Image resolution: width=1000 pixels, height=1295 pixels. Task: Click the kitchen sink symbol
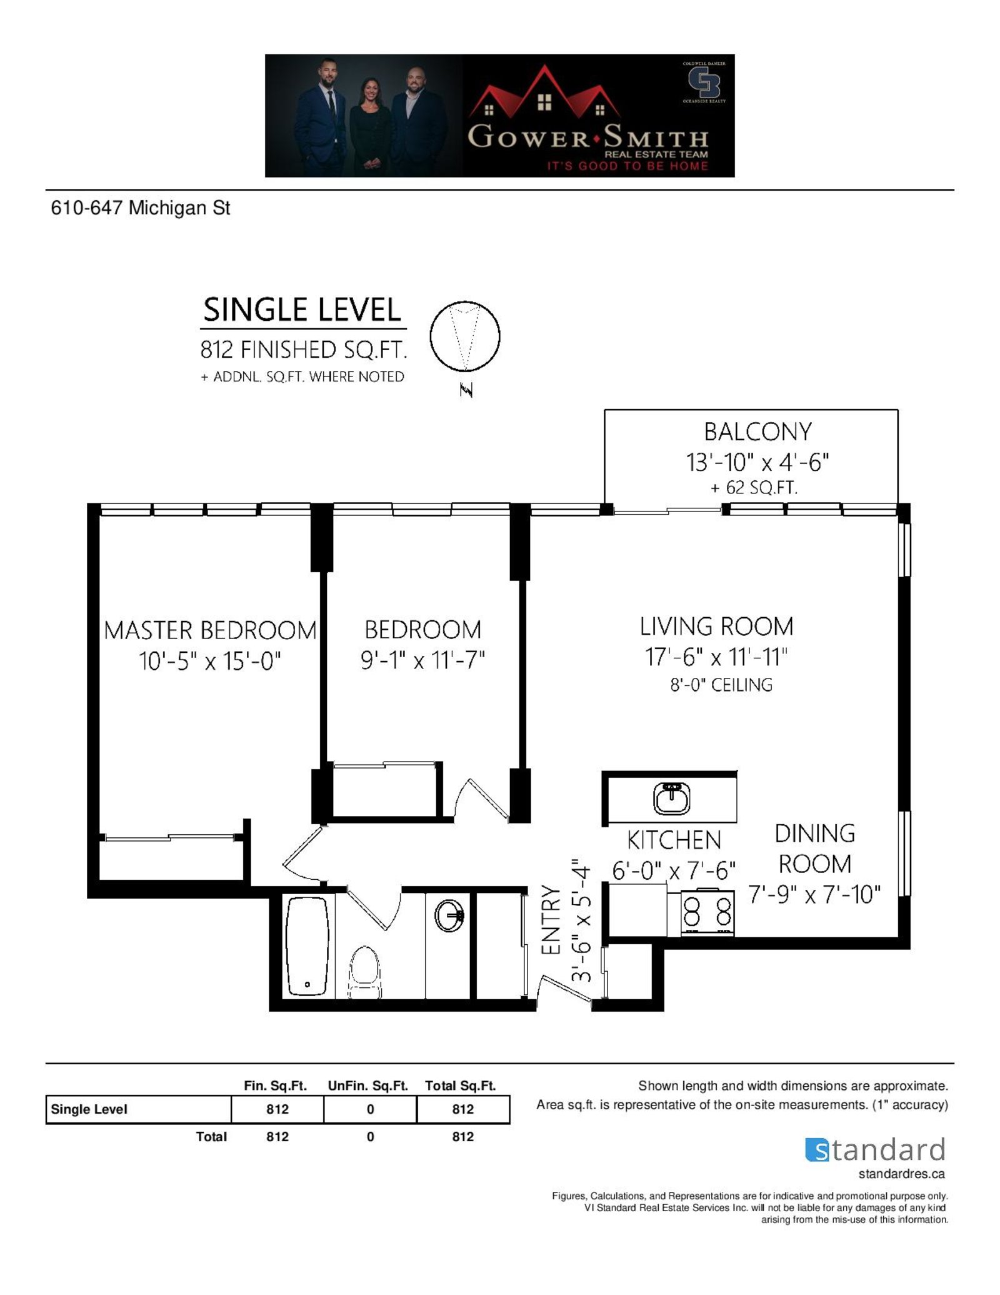pos(671,799)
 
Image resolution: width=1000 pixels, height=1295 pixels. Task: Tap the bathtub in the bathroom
pos(307,947)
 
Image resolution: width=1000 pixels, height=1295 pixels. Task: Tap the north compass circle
pos(465,336)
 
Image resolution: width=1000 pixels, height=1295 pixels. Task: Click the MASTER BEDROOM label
pos(210,630)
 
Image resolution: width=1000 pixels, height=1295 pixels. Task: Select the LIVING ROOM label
pos(716,627)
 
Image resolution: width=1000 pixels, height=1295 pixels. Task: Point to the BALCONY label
pos(757,431)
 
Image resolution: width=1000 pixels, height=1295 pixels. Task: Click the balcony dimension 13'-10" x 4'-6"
pos(757,462)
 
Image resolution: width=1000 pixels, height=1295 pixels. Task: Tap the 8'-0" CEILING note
pos(721,685)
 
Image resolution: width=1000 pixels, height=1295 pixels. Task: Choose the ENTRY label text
pos(551,919)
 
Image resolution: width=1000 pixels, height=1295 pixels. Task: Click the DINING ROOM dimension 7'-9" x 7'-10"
pos(814,895)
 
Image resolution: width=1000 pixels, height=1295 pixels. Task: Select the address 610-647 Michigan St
pos(141,208)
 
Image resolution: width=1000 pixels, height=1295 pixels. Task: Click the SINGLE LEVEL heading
pos(302,310)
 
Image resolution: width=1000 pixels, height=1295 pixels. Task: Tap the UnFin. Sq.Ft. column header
pos(368,1086)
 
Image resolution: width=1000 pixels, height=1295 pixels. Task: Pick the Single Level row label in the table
pos(89,1109)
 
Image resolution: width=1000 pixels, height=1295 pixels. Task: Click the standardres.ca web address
pos(901,1174)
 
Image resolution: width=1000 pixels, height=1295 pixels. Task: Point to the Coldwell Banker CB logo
pos(704,83)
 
